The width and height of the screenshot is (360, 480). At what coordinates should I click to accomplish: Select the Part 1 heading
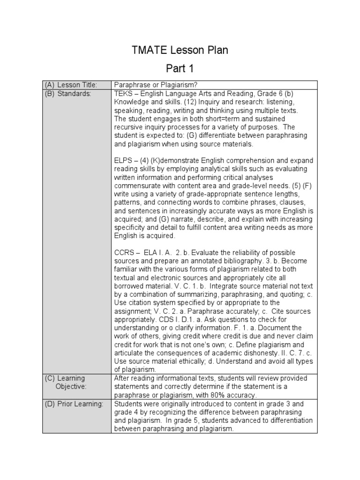point(180,69)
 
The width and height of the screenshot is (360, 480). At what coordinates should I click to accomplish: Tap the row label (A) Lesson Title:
point(71,85)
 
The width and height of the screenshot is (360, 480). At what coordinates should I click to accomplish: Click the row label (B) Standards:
point(68,93)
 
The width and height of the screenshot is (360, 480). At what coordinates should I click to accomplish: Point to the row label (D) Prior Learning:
point(74,404)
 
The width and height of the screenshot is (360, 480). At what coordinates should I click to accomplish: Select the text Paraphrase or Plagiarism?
point(156,85)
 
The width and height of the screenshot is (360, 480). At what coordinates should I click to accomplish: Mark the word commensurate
point(139,186)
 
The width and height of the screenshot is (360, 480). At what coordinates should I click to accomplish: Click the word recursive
point(130,127)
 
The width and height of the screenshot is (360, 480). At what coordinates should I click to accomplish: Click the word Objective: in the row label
point(71,387)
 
